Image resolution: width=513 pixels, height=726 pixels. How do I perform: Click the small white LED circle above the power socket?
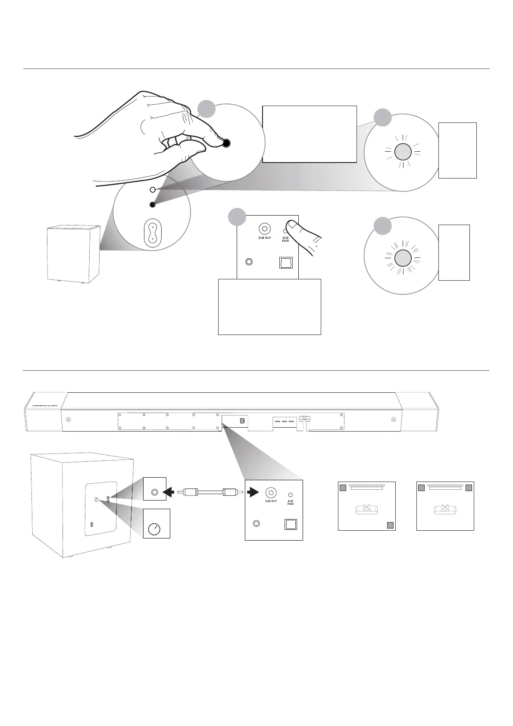click(152, 190)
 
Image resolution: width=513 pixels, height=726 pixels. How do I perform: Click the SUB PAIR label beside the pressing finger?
click(285, 239)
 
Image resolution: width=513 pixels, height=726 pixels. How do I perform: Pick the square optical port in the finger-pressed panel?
click(285, 263)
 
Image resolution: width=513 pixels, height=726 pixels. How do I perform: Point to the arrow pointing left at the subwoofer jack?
click(169, 491)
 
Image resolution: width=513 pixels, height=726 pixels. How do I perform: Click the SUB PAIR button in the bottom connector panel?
click(291, 495)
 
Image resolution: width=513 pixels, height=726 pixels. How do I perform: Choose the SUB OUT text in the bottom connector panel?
click(271, 501)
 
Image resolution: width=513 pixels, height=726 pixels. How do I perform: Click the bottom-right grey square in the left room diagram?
click(390, 525)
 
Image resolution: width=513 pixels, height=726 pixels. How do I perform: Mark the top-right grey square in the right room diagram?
click(469, 487)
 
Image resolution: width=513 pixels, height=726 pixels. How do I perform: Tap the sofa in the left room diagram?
click(366, 510)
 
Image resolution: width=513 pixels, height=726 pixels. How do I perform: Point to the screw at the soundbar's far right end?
click(393, 419)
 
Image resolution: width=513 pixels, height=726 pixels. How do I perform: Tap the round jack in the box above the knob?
click(154, 492)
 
